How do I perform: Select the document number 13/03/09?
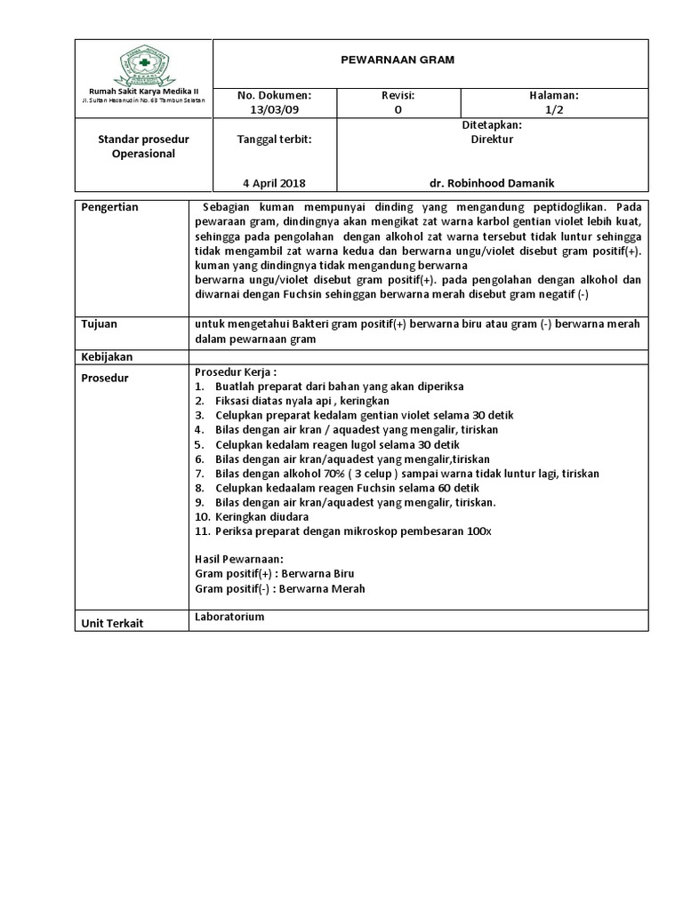click(x=274, y=109)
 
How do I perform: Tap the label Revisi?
click(x=398, y=94)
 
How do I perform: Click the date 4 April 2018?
click(x=274, y=182)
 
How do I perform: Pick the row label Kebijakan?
click(x=107, y=356)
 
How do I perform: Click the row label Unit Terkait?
click(x=112, y=623)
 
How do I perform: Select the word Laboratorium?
click(x=229, y=616)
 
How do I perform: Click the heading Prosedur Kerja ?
click(x=234, y=372)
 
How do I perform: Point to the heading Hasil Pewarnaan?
click(x=238, y=559)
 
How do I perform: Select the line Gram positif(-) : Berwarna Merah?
click(x=279, y=588)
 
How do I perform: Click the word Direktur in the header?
click(x=492, y=139)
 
